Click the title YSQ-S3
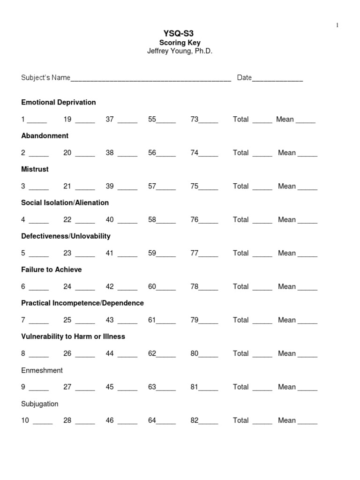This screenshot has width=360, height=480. click(180, 34)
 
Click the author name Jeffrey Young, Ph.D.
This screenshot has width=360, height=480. click(180, 51)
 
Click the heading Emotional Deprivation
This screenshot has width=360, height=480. click(59, 102)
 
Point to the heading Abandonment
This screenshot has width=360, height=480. click(45, 136)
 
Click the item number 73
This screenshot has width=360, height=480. click(194, 120)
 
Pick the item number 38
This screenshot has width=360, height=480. click(110, 153)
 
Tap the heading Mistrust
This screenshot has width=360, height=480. click(35, 169)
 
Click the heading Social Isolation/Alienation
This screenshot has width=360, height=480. click(65, 202)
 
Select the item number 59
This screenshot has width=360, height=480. click(152, 253)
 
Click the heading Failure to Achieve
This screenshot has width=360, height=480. click(52, 270)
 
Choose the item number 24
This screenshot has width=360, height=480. click(67, 286)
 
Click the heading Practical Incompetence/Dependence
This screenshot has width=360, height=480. click(82, 303)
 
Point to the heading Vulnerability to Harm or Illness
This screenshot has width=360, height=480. click(73, 337)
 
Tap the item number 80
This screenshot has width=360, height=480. click(194, 353)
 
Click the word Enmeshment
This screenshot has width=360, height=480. click(42, 370)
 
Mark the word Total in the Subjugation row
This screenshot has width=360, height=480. click(240, 420)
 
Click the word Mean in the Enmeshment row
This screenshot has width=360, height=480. click(286, 387)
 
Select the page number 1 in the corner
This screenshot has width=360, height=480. click(337, 25)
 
